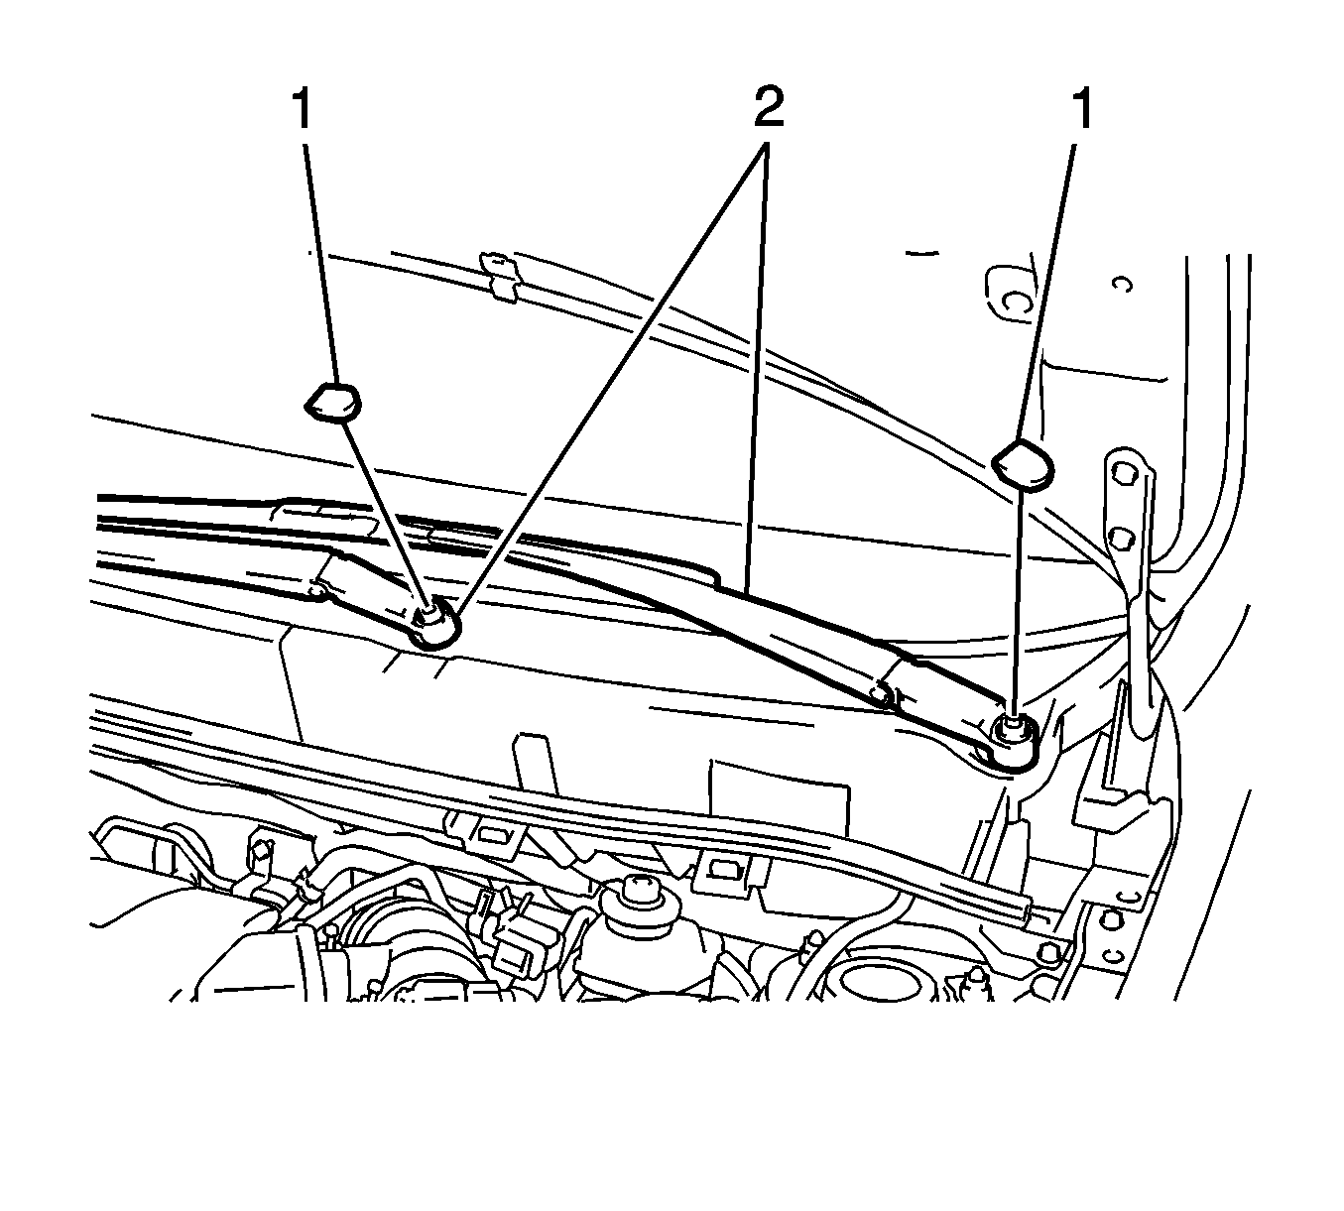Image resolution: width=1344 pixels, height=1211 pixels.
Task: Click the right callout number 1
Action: [1082, 109]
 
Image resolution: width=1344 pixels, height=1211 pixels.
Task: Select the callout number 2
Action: [769, 107]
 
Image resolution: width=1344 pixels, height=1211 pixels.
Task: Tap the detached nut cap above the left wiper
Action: [333, 402]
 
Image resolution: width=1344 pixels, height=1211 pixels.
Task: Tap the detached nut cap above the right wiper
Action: [1023, 464]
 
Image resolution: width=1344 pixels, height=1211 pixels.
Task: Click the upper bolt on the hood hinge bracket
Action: [1124, 474]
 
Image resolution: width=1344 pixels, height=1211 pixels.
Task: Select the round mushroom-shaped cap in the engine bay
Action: [635, 905]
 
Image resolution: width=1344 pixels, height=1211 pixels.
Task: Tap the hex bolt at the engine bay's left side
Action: [263, 852]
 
